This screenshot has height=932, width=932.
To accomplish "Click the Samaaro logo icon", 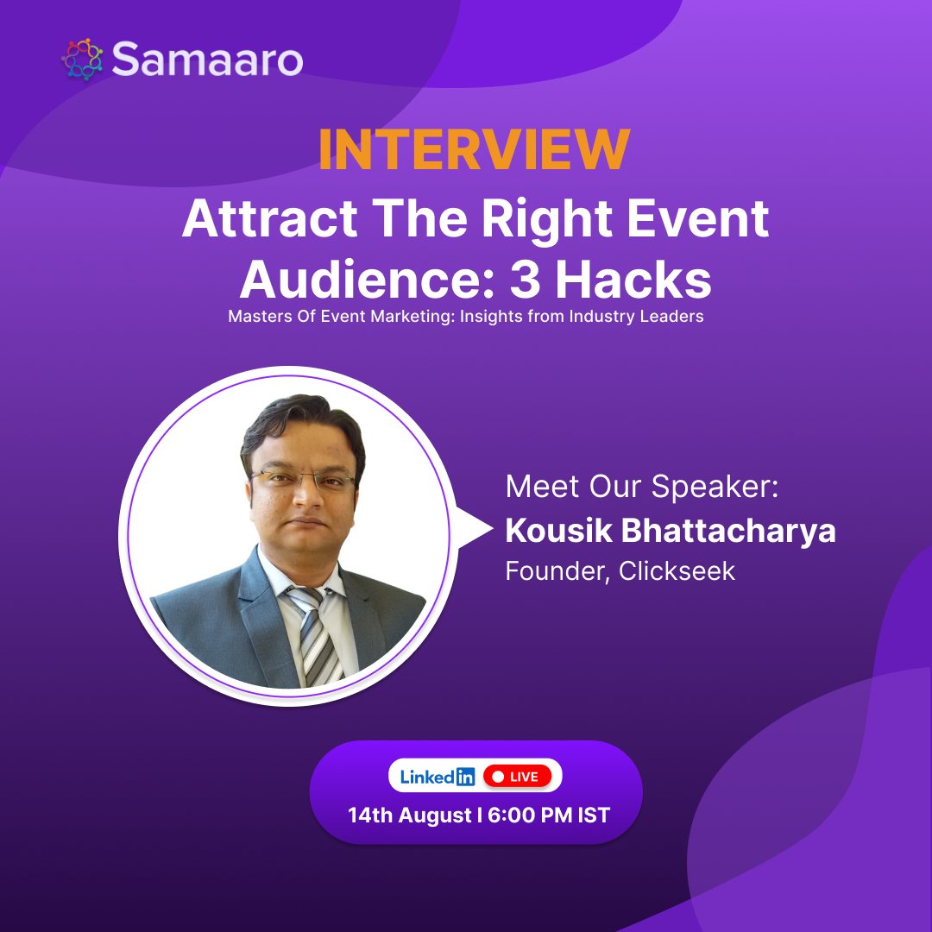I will tap(83, 59).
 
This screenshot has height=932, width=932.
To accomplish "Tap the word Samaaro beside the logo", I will tap(207, 60).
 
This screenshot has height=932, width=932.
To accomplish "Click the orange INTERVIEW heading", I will tap(474, 150).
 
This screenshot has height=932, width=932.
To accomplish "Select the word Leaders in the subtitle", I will tap(668, 317).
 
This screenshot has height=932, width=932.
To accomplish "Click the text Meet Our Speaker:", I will tap(642, 486).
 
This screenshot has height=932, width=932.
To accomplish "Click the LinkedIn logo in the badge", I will tap(438, 776).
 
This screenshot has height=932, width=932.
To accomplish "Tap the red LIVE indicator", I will tap(516, 776).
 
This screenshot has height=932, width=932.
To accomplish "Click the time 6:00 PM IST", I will tap(549, 815).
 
